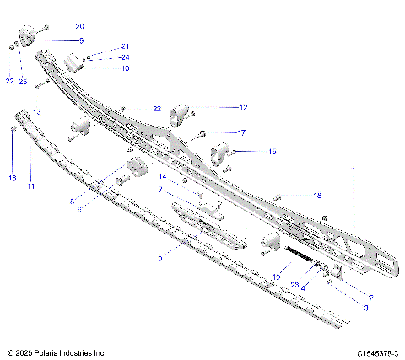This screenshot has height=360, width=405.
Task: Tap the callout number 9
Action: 57,40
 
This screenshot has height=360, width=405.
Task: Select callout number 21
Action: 125,46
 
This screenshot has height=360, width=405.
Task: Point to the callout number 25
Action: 23,82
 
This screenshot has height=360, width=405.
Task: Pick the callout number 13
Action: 37,112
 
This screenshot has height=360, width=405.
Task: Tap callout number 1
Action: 354,170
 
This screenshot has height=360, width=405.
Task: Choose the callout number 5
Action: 160,255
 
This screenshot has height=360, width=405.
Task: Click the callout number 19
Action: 275,276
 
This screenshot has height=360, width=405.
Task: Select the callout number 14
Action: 163,176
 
